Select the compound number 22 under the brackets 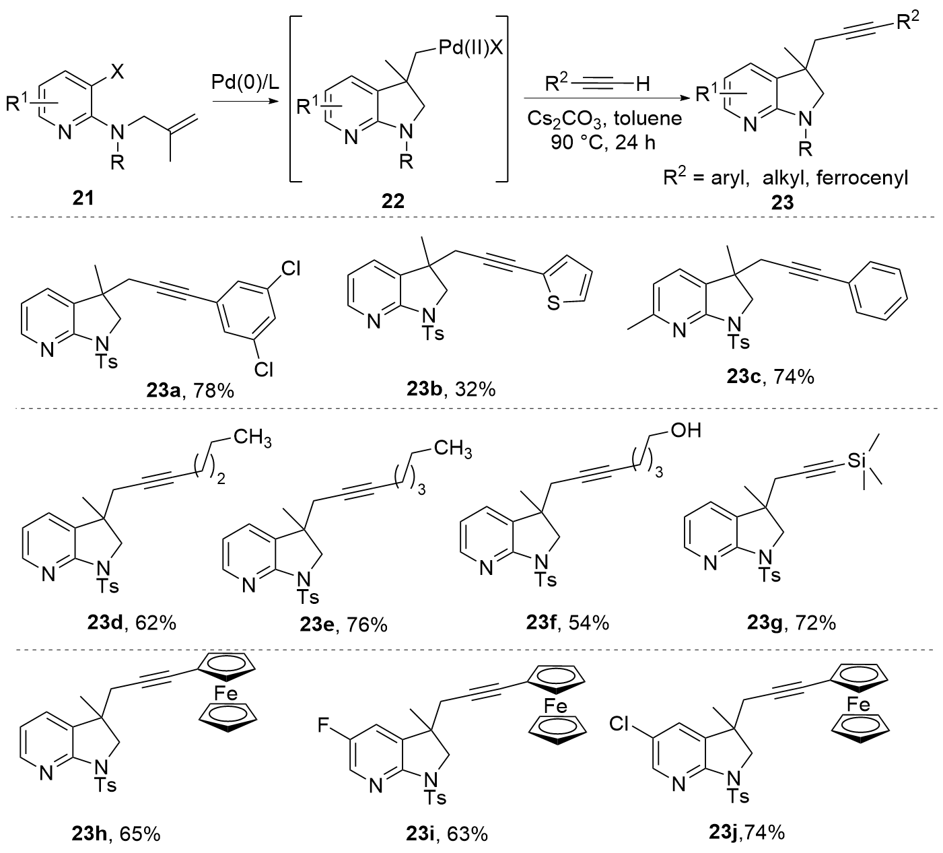coord(392,201)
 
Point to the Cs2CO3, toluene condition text coord(604,119)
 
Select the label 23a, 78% coord(189,388)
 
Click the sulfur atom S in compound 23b coord(553,304)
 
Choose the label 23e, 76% coord(344,624)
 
